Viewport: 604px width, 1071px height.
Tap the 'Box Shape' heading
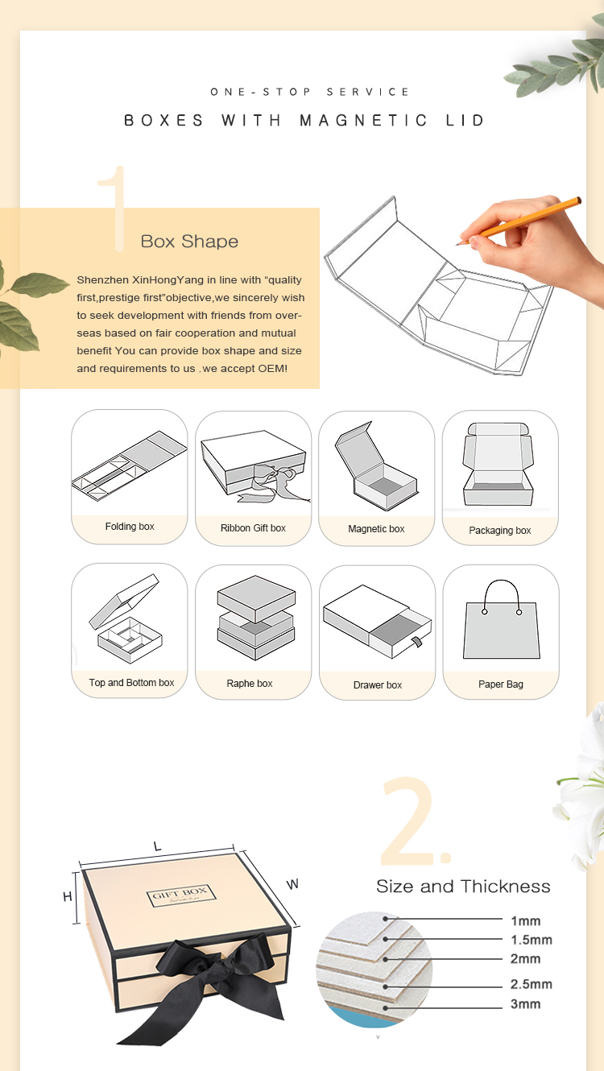(x=189, y=242)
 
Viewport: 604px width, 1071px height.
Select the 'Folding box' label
(x=130, y=527)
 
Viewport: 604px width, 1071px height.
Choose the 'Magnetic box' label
(x=376, y=529)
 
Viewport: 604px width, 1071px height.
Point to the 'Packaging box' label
(x=500, y=531)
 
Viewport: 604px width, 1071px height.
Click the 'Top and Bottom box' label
(x=131, y=683)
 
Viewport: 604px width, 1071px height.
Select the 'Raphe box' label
(x=250, y=684)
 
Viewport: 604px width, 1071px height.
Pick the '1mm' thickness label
(x=526, y=920)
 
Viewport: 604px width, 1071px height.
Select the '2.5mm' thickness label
(x=531, y=984)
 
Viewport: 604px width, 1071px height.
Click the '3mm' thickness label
(x=526, y=1004)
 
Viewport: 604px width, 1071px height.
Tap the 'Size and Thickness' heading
(x=463, y=887)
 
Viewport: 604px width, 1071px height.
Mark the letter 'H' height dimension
(x=68, y=897)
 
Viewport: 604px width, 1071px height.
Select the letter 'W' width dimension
(x=292, y=884)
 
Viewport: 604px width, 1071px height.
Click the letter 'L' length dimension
(x=157, y=846)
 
